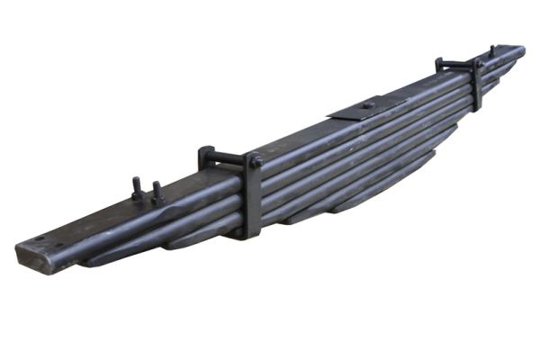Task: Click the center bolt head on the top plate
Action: (367, 105)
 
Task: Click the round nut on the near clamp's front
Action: (256, 162)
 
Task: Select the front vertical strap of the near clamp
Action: (253, 198)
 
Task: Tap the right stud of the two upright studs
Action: (157, 191)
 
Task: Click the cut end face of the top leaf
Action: (33, 256)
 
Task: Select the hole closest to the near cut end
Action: (40, 238)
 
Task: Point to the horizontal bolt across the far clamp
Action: (459, 63)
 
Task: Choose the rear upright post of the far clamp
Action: (439, 65)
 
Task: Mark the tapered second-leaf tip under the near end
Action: (90, 260)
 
